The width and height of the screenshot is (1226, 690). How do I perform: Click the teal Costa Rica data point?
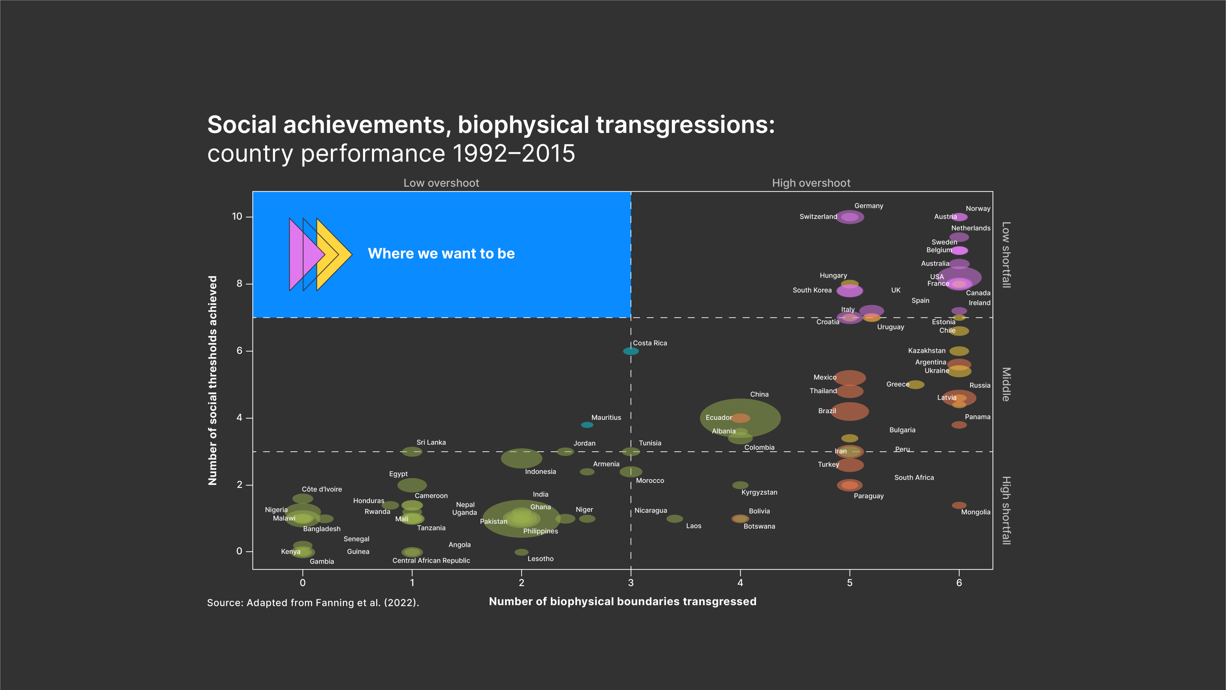pos(631,351)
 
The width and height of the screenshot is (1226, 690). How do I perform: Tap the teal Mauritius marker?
pos(587,425)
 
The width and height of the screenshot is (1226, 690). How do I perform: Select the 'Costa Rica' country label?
pos(650,343)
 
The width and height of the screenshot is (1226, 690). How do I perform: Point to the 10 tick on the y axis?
pos(237,217)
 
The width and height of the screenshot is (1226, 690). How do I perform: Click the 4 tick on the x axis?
pos(740,582)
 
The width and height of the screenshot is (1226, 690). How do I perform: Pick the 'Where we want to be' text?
pos(441,253)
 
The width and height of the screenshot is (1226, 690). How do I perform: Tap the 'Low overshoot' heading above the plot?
pos(441,183)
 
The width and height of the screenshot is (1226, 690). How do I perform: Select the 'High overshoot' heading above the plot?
pos(811,183)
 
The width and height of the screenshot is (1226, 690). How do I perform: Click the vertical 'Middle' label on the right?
pos(1006,384)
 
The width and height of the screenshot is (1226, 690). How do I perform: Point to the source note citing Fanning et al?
pos(313,602)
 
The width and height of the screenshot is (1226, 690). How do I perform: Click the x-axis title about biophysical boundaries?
pos(623,601)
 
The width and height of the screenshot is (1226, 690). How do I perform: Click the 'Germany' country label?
pos(869,206)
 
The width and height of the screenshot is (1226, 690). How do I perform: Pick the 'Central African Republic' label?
pos(431,561)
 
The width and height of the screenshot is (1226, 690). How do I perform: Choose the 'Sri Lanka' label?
pos(431,442)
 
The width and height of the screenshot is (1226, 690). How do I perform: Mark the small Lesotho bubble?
pos(521,552)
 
